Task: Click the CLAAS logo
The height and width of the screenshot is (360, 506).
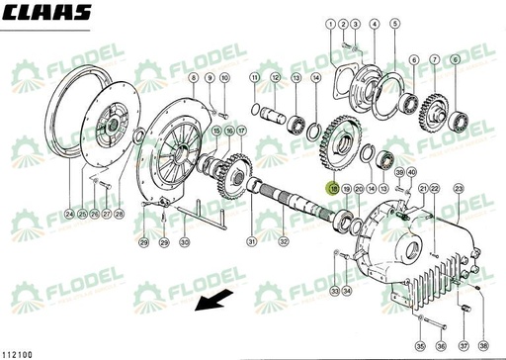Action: coord(46,12)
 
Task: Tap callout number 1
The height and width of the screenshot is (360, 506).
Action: coord(341,23)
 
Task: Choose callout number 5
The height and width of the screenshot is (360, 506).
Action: coord(395,23)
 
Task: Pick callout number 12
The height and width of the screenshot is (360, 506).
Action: coord(275,77)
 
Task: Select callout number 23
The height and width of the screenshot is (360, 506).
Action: coord(459,188)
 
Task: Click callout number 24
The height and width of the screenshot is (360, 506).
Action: coord(68,214)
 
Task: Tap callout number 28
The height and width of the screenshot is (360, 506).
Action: coord(120,214)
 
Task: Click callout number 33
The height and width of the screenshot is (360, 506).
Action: coord(336,291)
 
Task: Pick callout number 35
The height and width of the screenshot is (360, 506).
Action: coord(419,346)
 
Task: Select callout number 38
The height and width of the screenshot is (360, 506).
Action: coord(483,346)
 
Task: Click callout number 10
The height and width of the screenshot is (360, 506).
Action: coord(225,77)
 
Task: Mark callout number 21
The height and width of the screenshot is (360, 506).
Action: coord(424,188)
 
